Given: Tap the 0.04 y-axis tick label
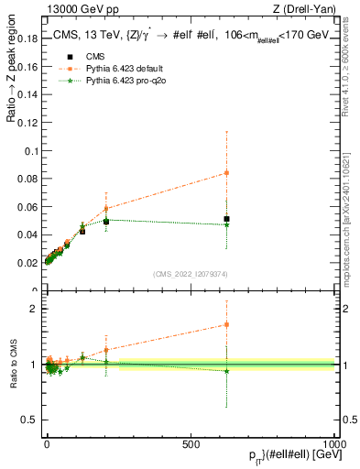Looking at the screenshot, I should tap(27, 235).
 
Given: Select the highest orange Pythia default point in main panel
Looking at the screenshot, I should tap(226, 173).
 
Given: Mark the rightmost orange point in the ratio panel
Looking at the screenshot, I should tap(226, 324).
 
